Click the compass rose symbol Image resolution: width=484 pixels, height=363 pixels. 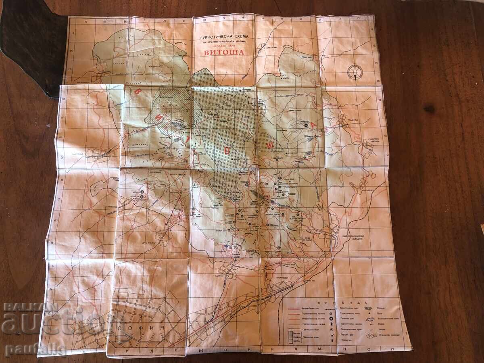tap(355, 72)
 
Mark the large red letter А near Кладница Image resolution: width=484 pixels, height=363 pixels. tap(314, 125)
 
